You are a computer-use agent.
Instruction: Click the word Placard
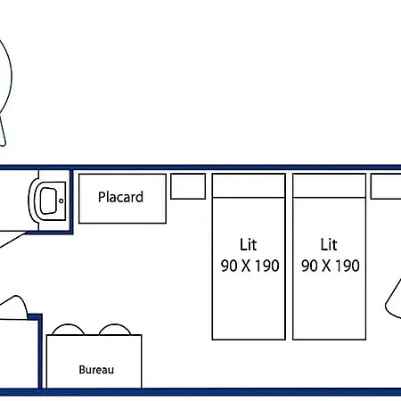120,197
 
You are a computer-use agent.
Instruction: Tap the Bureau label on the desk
96,370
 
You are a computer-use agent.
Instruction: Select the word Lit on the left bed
249,244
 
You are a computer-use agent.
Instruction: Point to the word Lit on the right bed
329,244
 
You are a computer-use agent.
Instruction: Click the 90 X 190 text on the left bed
250,266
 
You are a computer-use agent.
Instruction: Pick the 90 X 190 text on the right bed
331,266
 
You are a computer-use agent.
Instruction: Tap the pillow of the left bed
249,185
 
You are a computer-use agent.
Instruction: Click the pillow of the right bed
329,185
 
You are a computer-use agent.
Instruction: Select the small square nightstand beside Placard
188,186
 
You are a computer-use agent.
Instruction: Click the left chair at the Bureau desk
68,325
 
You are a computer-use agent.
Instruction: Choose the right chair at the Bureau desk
115,325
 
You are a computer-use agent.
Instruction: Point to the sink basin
48,200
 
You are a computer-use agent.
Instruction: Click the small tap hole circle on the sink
61,200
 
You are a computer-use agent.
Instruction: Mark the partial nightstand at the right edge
386,186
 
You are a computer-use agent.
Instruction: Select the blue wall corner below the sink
71,233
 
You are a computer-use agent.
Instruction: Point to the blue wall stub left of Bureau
40,350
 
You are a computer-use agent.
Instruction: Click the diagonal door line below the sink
12,240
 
